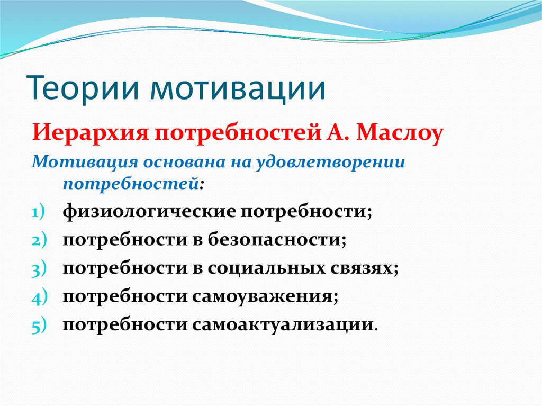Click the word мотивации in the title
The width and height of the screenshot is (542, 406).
[x=238, y=88]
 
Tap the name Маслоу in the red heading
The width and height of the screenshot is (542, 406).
[x=400, y=134]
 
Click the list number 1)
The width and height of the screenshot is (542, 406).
[x=38, y=212]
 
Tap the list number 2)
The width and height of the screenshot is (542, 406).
[x=39, y=240]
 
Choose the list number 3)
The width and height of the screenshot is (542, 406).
[x=39, y=268]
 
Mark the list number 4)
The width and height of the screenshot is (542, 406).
[x=39, y=296]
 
